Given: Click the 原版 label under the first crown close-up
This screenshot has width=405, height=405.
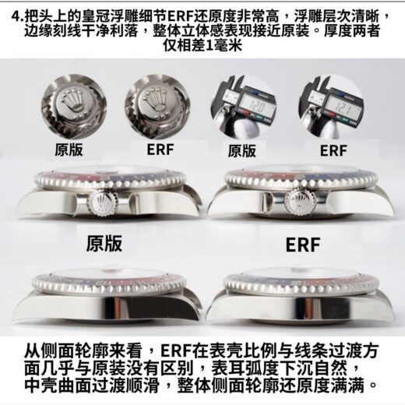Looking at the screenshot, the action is pyautogui.click(x=69, y=150).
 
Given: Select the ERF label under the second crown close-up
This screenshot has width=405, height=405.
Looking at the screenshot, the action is pyautogui.click(x=160, y=150).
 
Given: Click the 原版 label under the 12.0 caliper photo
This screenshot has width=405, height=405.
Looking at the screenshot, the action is pyautogui.click(x=241, y=151).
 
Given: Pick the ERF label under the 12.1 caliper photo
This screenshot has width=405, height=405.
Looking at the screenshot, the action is pyautogui.click(x=333, y=151).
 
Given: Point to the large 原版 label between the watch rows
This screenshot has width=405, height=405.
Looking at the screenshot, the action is pyautogui.click(x=104, y=244).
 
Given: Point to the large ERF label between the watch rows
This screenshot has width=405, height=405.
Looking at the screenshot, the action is pyautogui.click(x=303, y=245).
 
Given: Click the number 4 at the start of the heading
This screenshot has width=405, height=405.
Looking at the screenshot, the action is pyautogui.click(x=16, y=17).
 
